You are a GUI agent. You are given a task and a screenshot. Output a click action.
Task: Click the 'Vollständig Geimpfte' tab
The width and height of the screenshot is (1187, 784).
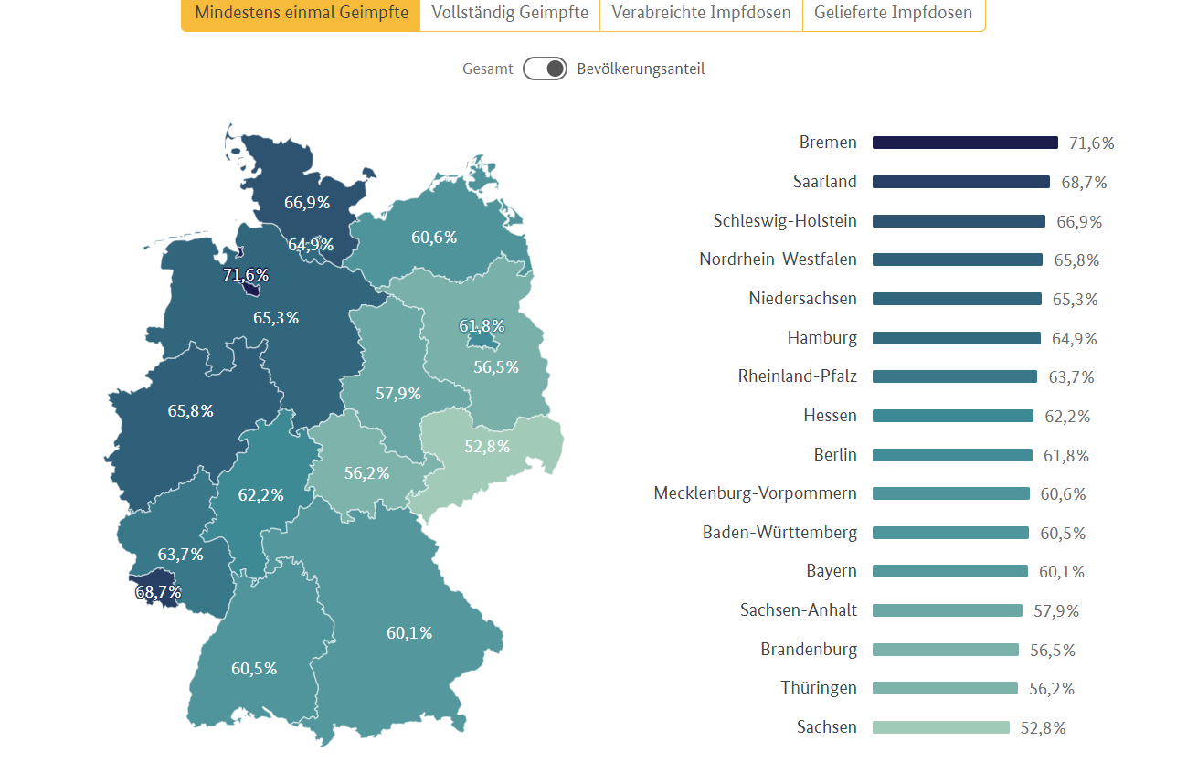tap(510, 14)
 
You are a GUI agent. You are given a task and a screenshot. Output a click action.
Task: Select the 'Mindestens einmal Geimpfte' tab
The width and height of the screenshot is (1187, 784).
tap(302, 14)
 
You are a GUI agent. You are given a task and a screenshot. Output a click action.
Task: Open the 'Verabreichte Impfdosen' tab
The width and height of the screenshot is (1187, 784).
tap(701, 14)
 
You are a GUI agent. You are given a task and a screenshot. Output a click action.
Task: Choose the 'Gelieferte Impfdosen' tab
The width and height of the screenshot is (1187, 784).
tap(893, 14)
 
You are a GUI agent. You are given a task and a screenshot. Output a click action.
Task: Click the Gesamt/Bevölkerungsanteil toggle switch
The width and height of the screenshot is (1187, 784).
tap(546, 69)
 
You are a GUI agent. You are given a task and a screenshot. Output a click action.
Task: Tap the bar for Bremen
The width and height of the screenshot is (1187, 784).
tap(965, 143)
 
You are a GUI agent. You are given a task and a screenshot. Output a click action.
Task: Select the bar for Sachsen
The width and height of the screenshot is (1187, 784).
tap(941, 727)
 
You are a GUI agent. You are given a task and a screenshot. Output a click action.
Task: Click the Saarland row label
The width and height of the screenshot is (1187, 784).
tap(825, 182)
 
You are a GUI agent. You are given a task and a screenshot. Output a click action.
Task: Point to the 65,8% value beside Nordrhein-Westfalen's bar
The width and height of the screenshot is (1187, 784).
tap(1076, 260)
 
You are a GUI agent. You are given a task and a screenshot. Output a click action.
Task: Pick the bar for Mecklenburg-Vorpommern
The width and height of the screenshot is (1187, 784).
tap(951, 493)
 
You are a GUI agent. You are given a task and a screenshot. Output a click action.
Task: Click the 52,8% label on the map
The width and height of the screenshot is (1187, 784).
tap(487, 446)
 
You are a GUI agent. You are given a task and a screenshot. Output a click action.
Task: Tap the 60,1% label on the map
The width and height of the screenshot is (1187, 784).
tap(409, 632)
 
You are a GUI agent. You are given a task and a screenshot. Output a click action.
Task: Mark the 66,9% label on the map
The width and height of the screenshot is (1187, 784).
tap(307, 203)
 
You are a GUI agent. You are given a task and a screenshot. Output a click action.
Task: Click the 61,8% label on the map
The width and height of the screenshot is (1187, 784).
tap(482, 326)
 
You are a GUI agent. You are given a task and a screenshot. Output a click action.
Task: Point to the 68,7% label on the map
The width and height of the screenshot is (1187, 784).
tap(158, 592)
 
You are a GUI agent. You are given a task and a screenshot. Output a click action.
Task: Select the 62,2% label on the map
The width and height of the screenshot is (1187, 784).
tap(261, 495)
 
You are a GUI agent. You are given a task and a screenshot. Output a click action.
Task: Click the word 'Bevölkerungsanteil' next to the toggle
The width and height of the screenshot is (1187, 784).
tap(641, 69)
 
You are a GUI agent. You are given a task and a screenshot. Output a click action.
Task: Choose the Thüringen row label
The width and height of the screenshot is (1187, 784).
tap(819, 688)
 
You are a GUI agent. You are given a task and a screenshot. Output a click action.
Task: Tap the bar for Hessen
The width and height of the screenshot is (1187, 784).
tap(953, 416)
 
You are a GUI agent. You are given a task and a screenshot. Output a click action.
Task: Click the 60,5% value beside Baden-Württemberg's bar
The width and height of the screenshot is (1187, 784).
tap(1063, 533)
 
